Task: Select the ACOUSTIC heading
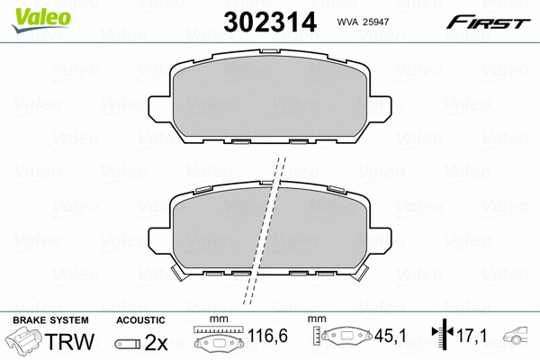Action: [140, 319]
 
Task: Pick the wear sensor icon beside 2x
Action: [128, 343]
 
